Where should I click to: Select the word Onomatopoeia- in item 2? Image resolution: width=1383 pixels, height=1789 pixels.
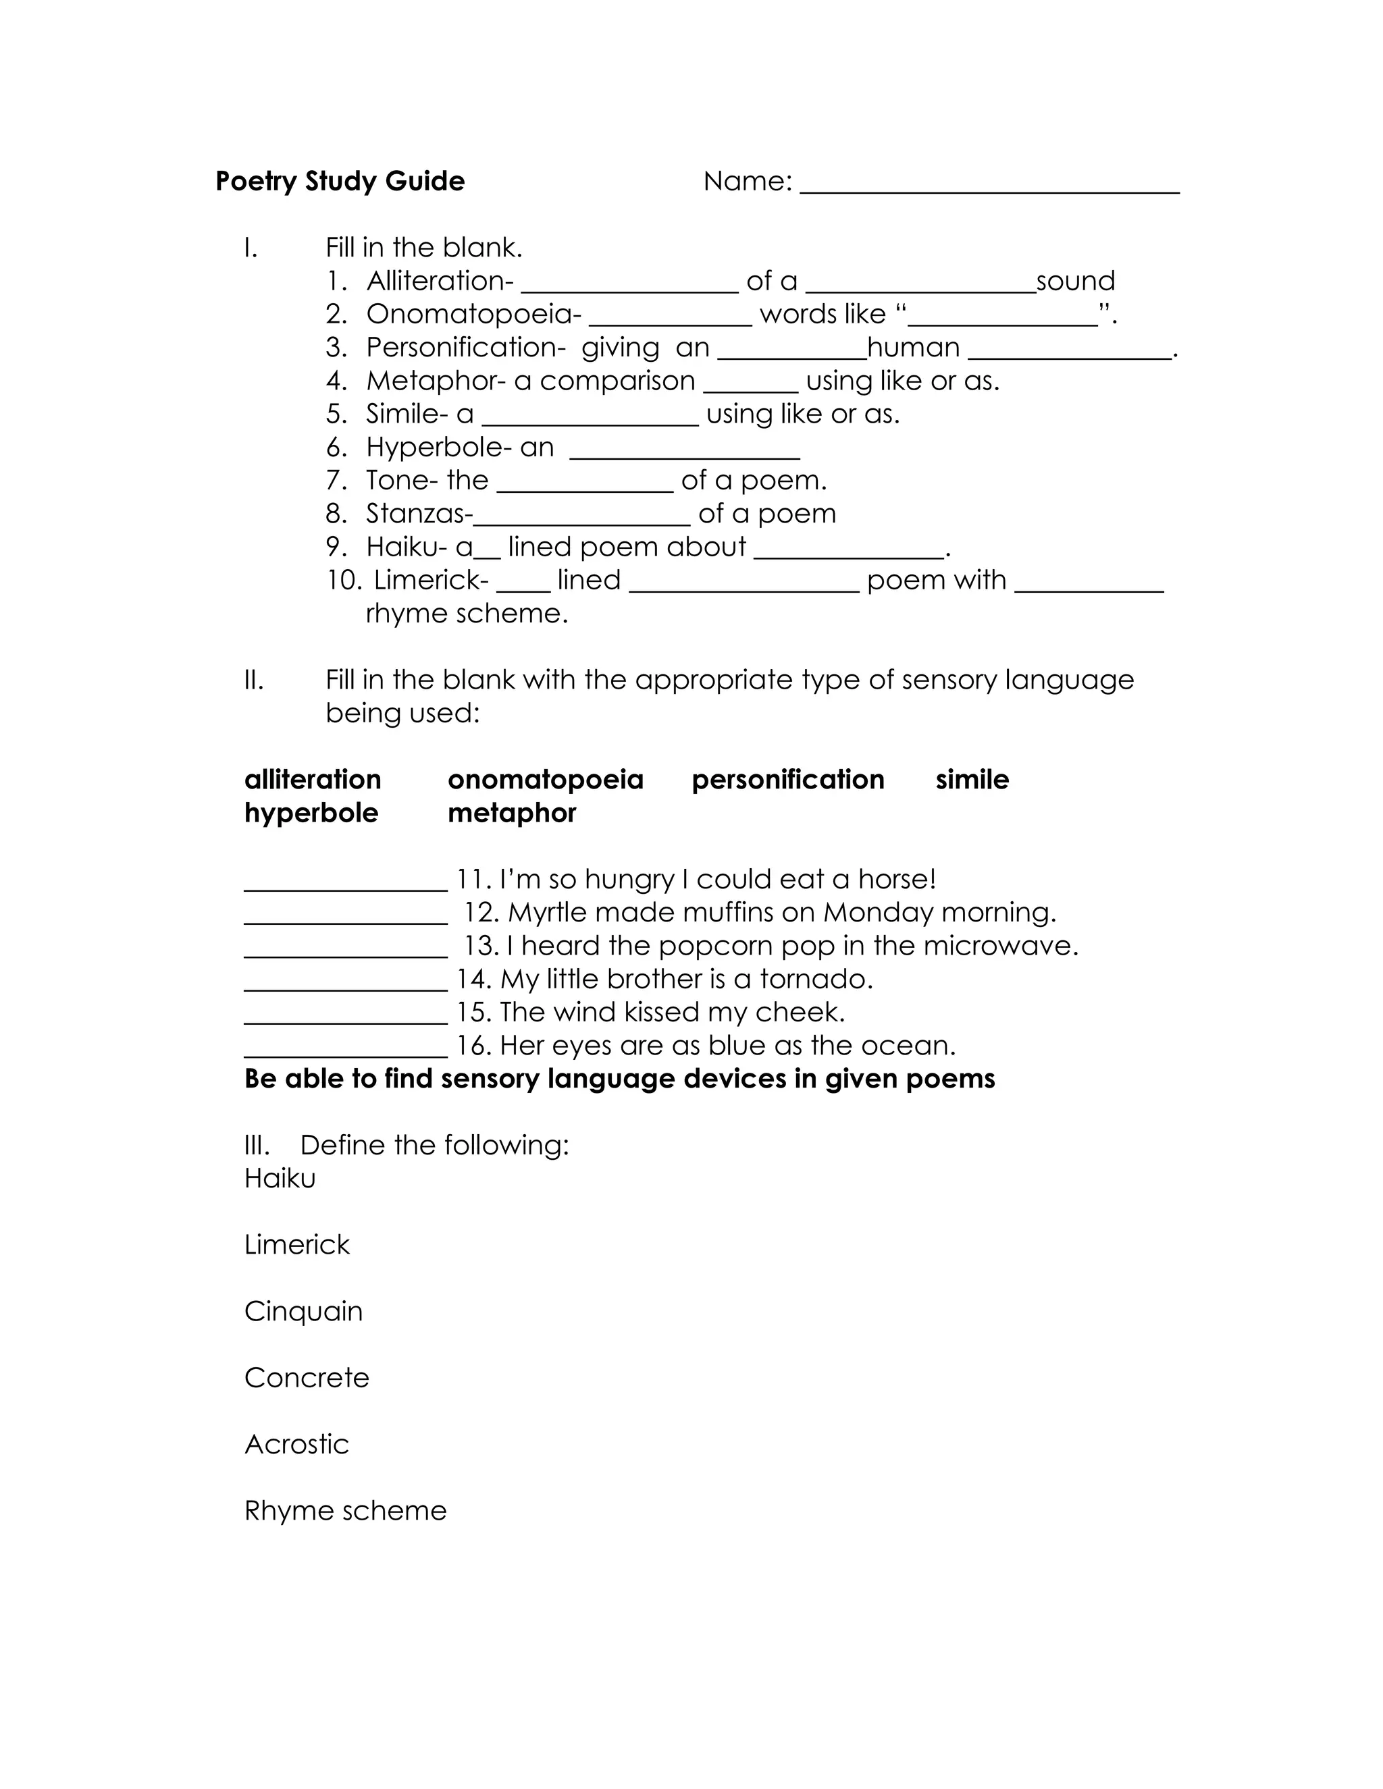[473, 315]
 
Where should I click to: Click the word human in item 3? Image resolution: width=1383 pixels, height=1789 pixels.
[913, 347]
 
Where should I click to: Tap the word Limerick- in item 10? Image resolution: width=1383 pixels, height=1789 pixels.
[431, 580]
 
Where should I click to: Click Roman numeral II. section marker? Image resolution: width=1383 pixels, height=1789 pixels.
[254, 680]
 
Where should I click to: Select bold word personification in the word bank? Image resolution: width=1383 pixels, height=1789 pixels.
[787, 779]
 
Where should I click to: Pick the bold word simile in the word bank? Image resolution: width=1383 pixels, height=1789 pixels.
[972, 779]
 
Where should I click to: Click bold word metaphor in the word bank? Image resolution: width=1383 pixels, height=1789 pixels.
[511, 813]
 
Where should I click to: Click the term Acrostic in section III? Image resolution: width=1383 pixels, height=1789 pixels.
[296, 1444]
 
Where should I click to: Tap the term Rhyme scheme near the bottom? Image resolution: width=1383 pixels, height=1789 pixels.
[345, 1510]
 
